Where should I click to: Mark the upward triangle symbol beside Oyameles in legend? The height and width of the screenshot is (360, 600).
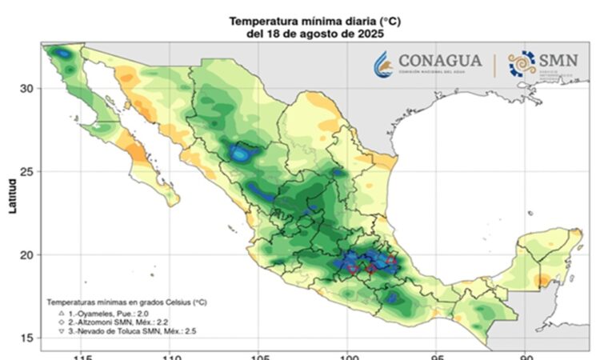coord(62,314)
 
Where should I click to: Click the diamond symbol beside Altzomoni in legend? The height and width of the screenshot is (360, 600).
coord(62,323)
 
